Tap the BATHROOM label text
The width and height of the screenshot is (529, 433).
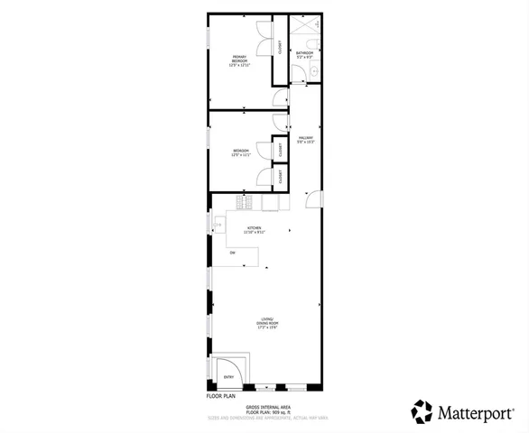305,53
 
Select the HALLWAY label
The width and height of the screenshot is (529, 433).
305,138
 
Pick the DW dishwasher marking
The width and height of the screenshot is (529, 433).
232,253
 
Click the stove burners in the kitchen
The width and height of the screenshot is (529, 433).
242,204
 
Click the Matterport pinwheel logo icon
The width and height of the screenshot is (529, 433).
422,411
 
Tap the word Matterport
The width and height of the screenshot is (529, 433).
478,412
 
